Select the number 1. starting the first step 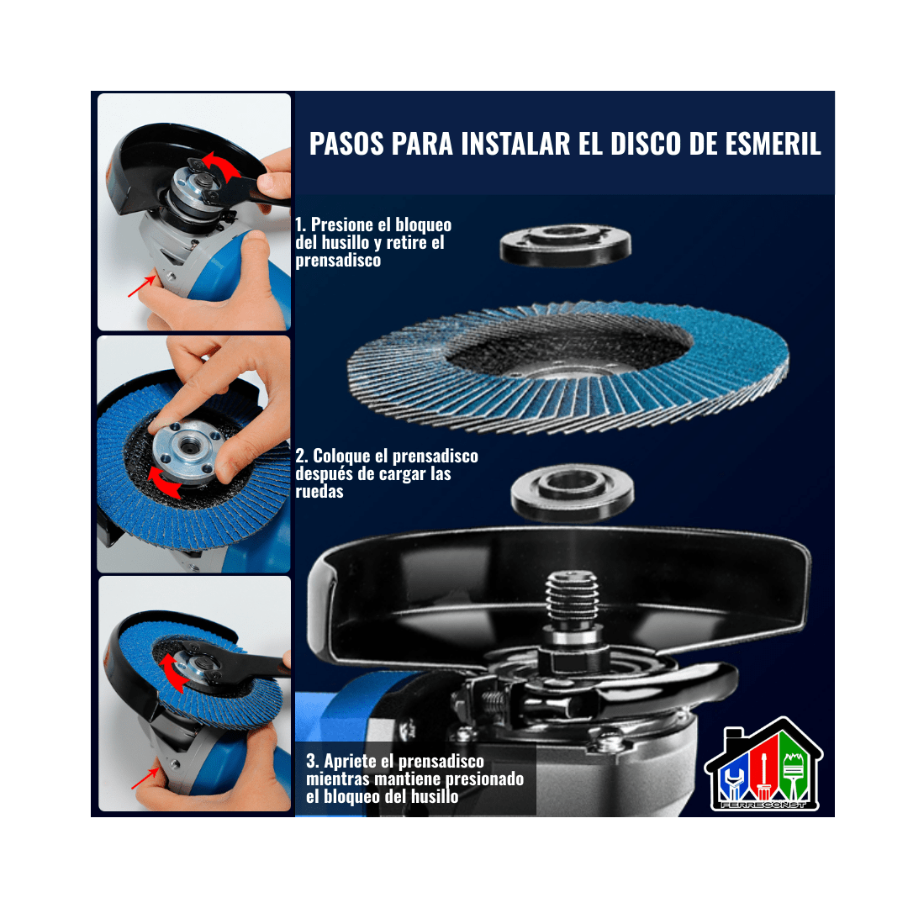pos(302,225)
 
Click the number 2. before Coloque pos(302,457)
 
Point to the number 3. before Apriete pos(313,762)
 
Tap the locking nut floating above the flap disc pos(565,245)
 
